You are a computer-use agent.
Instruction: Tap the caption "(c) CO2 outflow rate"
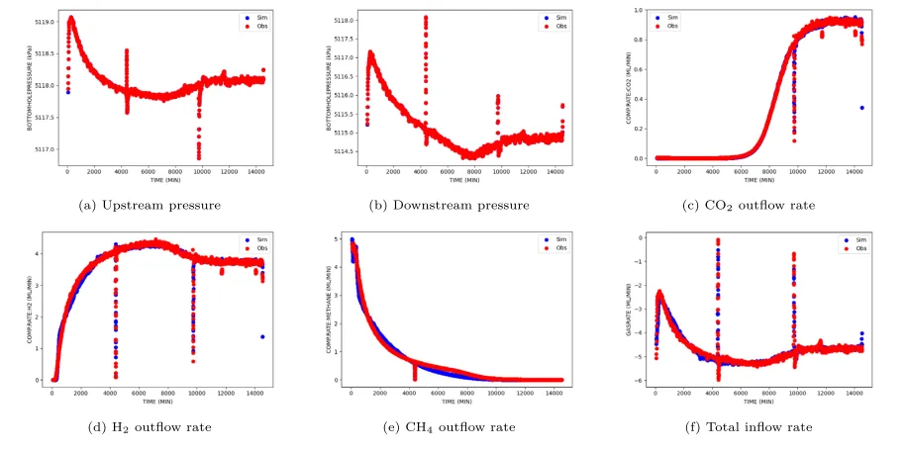(x=756, y=205)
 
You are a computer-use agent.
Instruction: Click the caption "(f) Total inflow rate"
(x=756, y=427)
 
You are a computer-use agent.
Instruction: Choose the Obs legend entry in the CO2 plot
(x=674, y=26)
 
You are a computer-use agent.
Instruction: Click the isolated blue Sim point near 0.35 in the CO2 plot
(x=862, y=108)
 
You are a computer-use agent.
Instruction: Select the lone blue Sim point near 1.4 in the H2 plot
(x=262, y=336)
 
